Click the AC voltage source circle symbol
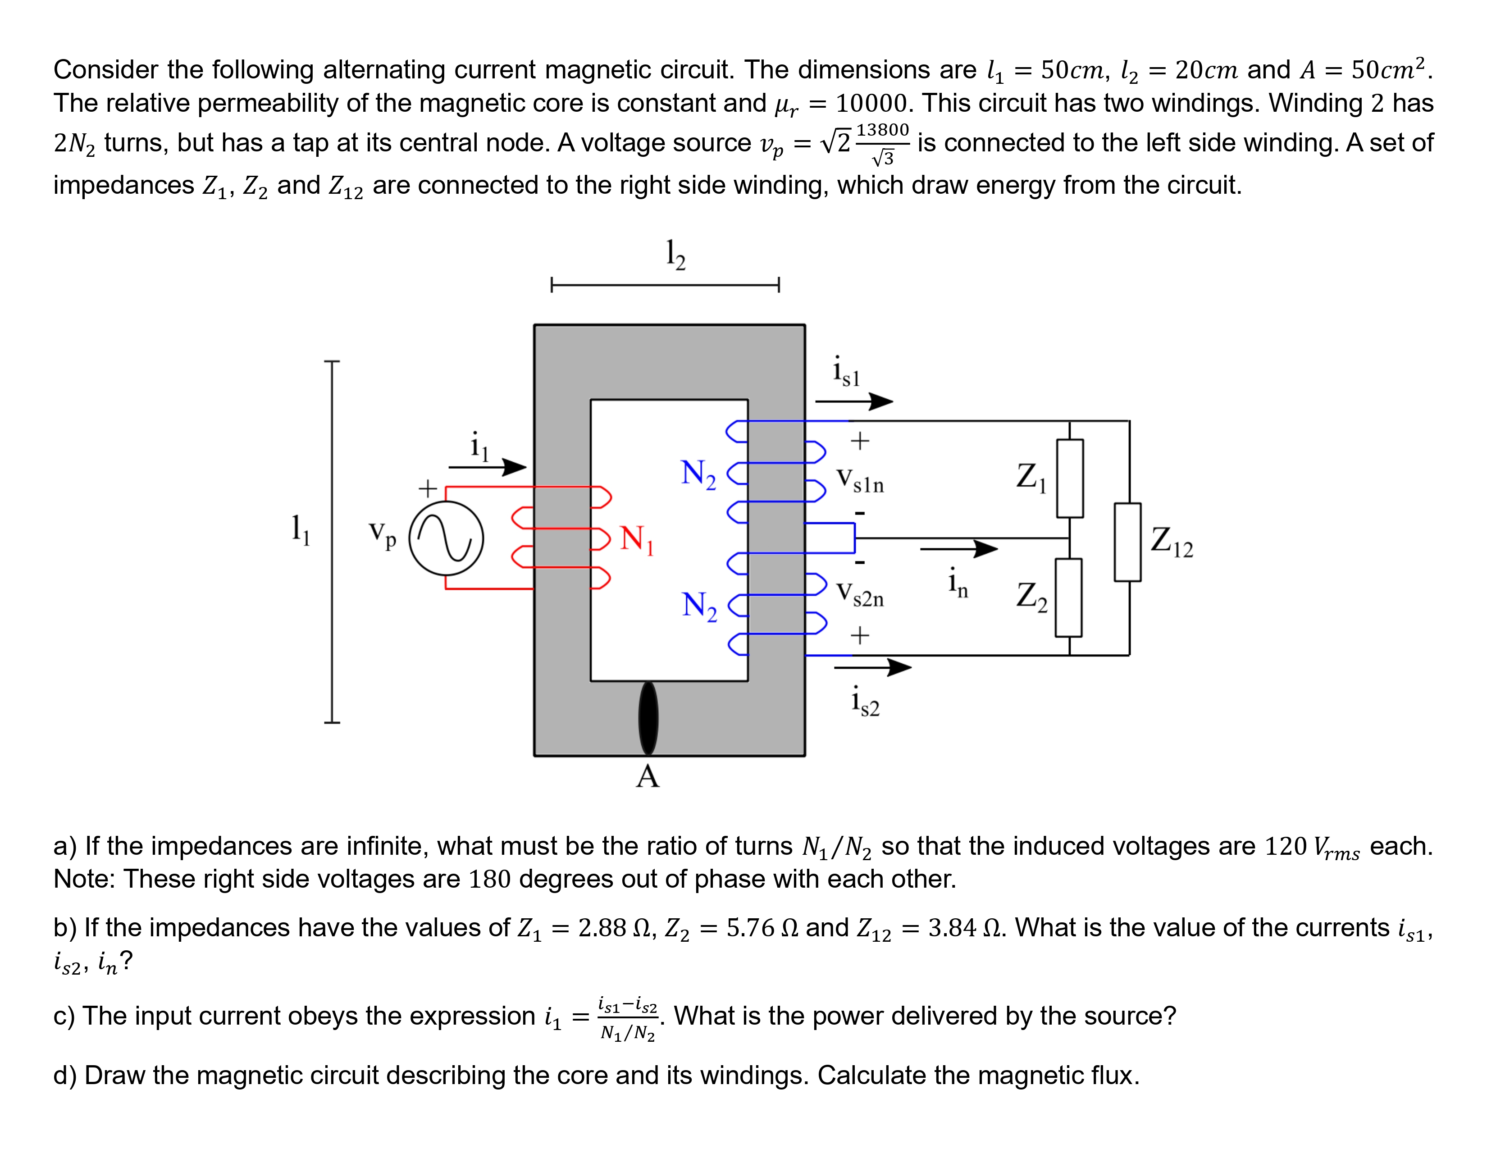point(446,538)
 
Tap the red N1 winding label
point(637,539)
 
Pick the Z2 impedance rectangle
point(1068,597)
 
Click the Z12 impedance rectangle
point(1127,543)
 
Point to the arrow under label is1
point(854,401)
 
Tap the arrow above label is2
point(873,667)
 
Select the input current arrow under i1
point(488,467)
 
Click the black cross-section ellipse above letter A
point(648,718)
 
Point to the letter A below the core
point(648,776)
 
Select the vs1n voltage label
point(860,481)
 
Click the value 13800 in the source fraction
point(882,129)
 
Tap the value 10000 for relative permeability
point(871,104)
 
